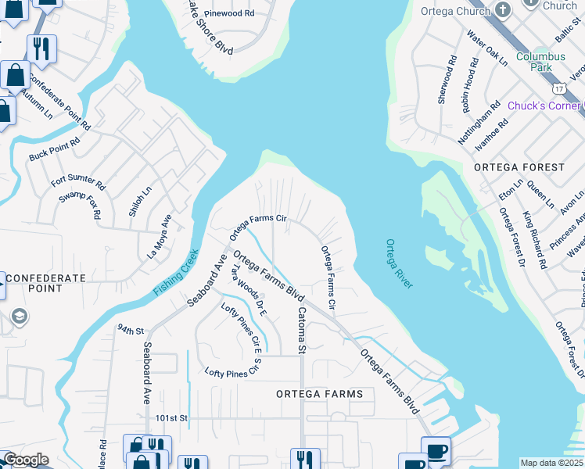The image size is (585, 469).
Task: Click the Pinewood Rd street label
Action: tap(228, 14)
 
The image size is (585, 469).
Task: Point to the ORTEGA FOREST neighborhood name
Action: tap(519, 167)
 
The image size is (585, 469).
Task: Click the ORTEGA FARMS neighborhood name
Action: tap(320, 394)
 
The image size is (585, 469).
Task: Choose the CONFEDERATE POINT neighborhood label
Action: tap(45, 283)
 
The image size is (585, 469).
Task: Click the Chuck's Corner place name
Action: tap(544, 106)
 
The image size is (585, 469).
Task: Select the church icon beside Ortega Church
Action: tap(504, 12)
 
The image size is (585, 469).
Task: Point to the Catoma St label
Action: tap(300, 330)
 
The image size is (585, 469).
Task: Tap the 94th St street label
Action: tap(131, 330)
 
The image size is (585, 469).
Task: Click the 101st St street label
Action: tap(171, 418)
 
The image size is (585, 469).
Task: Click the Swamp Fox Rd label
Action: tap(81, 203)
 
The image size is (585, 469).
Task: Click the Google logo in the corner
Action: tap(25, 460)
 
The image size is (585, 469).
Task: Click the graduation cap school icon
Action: tap(20, 316)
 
